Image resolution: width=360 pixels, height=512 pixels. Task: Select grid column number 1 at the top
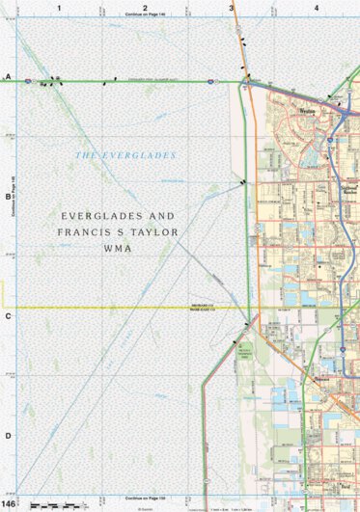coord(59,8)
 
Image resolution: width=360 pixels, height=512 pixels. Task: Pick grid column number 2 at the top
coord(144,8)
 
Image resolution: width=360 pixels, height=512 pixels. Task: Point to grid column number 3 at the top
coord(231,8)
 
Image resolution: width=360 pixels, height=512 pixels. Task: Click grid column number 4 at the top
coord(316,8)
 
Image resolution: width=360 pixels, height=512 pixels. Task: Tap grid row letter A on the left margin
coord(8,75)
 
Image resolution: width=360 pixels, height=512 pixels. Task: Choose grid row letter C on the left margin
coord(8,315)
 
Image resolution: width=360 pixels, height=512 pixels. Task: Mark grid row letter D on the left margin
coord(8,435)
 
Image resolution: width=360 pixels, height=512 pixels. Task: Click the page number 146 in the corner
coord(9,504)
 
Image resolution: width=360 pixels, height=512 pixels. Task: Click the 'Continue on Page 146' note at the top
coord(145,16)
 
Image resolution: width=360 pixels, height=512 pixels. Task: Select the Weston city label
coord(308,111)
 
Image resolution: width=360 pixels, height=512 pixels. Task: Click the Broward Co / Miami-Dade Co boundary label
coord(201,308)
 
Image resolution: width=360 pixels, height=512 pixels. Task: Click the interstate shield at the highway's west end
coord(28,81)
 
